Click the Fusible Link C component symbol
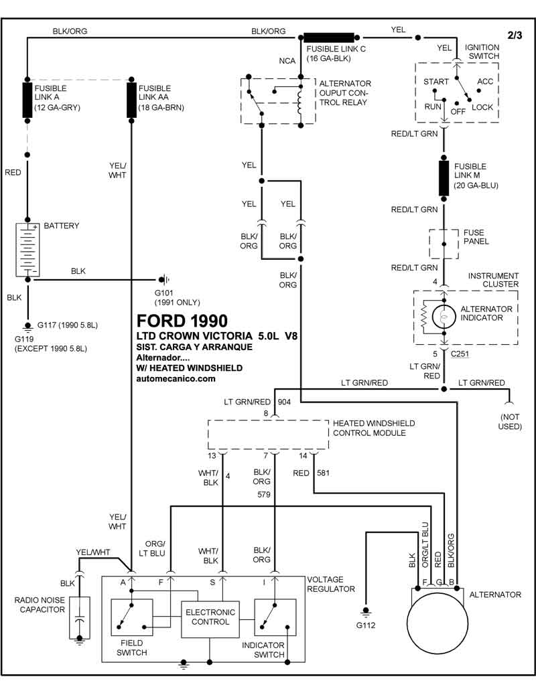329,37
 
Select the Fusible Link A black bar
27,100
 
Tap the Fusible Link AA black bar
131,100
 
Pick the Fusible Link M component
444,178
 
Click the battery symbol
27,250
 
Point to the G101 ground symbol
164,280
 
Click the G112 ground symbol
366,612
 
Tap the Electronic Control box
210,619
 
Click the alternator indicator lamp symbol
444,317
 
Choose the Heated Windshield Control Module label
374,428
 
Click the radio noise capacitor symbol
80,618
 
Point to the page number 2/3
515,35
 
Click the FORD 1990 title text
182,321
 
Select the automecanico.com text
176,378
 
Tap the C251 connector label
460,354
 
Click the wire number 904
284,402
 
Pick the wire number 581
324,473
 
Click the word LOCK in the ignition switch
482,107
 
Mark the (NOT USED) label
510,422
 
